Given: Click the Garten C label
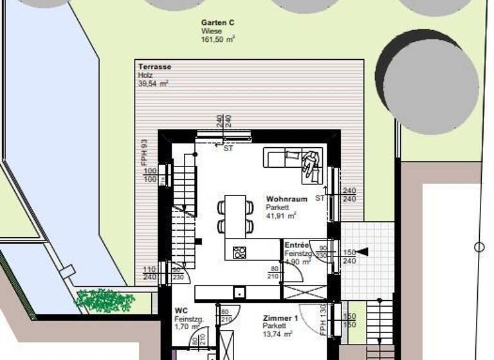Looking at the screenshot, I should [217, 22].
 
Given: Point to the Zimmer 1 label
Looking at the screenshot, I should [280, 318].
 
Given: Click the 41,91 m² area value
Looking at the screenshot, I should [280, 216].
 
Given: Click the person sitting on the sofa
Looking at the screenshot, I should [311, 162].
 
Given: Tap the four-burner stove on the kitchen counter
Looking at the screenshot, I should [239, 251].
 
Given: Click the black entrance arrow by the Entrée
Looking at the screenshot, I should [363, 251].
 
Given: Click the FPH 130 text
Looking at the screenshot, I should [323, 320].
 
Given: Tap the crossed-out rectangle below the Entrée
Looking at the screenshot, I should [305, 292].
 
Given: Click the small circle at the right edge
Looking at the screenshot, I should [479, 247].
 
